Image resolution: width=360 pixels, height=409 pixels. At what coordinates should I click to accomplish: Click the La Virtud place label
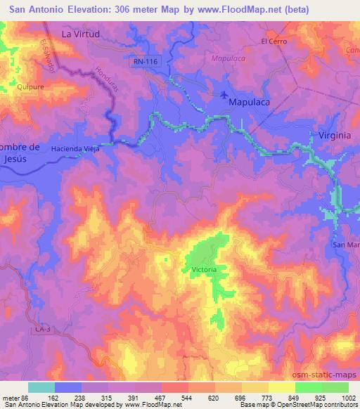pos(81,33)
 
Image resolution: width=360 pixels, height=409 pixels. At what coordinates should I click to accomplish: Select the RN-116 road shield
pos(145,63)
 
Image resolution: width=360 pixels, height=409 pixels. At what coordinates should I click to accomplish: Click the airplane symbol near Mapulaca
pos(224,95)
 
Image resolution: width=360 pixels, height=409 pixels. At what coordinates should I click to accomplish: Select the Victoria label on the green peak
pos(204,270)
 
